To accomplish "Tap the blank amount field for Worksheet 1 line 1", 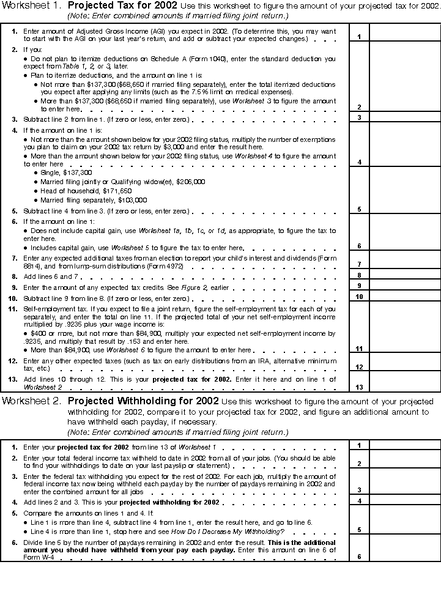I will click(x=404, y=33).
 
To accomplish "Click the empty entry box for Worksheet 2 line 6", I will click(x=404, y=550).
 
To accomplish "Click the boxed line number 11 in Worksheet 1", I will click(x=359, y=349).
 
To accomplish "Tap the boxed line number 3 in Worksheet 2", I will click(x=359, y=490).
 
